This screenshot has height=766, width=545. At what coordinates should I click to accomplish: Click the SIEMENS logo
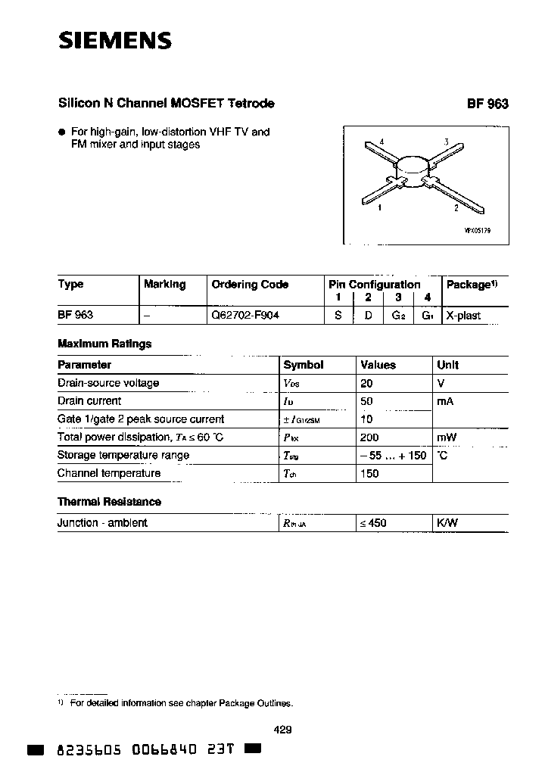coord(115,40)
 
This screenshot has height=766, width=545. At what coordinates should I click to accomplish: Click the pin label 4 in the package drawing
coord(381,142)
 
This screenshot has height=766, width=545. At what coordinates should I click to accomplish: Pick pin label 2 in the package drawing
coord(456,207)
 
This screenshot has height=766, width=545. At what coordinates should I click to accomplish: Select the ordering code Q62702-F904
coord(245,315)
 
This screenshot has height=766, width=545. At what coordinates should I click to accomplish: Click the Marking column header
coord(164,284)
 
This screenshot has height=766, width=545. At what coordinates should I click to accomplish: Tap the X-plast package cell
coord(463,315)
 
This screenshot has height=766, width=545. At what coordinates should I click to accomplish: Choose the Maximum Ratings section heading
coord(104,344)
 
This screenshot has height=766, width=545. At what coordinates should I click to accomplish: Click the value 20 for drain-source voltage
coord(366,383)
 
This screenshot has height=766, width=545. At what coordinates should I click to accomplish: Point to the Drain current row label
coord(89,401)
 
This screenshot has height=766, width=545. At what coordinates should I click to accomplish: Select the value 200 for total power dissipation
coord(369,437)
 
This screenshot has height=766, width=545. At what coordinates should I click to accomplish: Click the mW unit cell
coord(447,437)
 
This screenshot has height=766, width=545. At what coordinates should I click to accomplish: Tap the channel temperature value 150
coord(369,474)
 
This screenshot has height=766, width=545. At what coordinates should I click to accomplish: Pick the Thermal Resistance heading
coord(109,502)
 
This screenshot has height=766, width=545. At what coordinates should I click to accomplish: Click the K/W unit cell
coord(447,523)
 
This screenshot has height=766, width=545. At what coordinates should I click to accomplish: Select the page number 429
coord(282,730)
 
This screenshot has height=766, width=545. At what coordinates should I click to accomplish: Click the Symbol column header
coord(304,365)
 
